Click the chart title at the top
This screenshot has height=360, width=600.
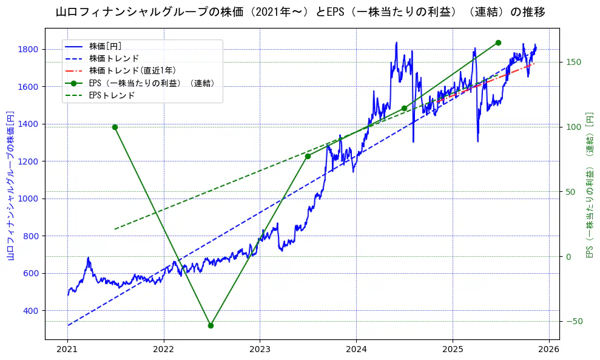pos(300,12)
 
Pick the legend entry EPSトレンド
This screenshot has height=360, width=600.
pos(112,95)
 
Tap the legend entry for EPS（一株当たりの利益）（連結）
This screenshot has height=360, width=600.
pos(152,83)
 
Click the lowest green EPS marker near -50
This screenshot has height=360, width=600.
pos(211,325)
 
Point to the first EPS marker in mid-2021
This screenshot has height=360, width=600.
pos(115,127)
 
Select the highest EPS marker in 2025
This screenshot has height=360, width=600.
pos(498,42)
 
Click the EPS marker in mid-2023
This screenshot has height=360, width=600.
pos(308,156)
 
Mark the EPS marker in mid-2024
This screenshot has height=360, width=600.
pos(404,108)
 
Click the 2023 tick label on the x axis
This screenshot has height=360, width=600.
pos(260,350)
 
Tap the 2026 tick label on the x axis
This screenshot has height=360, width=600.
pos(549,350)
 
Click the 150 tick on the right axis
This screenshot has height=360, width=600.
pos(573,62)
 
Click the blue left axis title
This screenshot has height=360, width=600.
pos(10,186)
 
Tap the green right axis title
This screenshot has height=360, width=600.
pos(589,186)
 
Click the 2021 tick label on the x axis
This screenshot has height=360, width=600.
pos(67,350)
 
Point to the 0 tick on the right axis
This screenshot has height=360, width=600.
pos(568,256)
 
